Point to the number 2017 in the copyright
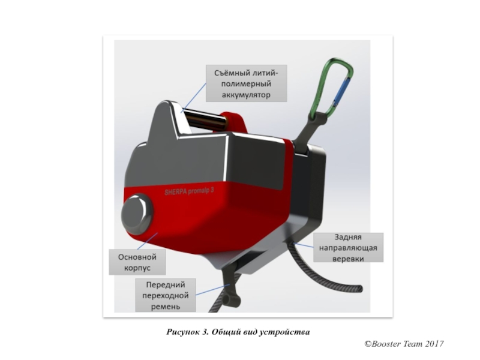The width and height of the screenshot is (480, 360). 433,344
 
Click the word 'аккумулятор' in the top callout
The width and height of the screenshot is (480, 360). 247,95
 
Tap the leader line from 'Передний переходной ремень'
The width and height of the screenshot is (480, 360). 212,290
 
